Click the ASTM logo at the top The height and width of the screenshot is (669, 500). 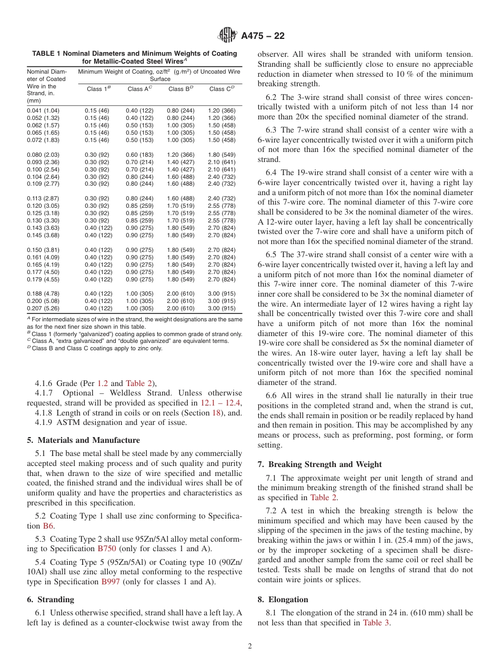(x=228, y=36)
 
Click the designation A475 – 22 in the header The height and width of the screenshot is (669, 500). (x=263, y=36)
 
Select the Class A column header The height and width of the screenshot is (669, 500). (x=139, y=89)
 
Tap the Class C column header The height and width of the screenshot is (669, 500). (x=221, y=89)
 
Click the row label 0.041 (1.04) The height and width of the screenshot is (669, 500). (x=43, y=111)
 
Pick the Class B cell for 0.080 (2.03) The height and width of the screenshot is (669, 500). (x=181, y=155)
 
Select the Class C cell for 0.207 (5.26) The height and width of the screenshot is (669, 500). (x=222, y=308)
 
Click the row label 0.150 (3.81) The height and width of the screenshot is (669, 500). (x=43, y=250)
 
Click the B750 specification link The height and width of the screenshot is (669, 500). (x=107, y=549)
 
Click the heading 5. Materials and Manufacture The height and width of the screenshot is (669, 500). (x=83, y=440)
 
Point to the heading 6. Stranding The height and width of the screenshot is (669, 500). (x=51, y=600)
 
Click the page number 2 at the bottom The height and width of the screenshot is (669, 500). (x=250, y=646)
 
